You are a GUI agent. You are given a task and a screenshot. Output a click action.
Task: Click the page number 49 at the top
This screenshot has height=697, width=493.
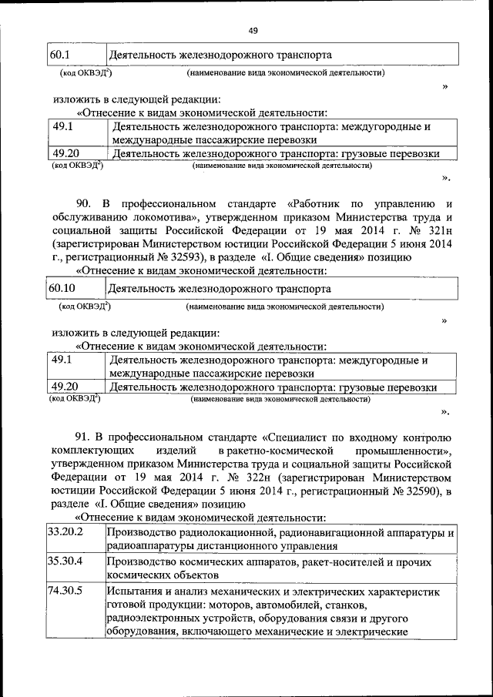pyautogui.click(x=253, y=30)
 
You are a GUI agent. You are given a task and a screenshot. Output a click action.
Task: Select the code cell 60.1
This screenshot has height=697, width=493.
pyautogui.click(x=59, y=55)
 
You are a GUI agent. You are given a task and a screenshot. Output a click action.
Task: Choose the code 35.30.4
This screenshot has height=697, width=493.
pyautogui.click(x=65, y=561)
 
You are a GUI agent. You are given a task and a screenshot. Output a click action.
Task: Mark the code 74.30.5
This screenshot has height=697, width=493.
pyautogui.click(x=65, y=591)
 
